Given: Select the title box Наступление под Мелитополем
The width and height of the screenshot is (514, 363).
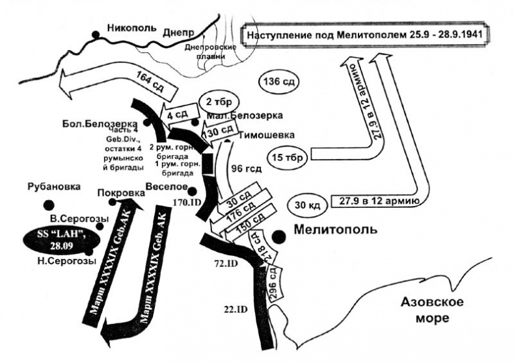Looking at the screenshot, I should pos(365,33).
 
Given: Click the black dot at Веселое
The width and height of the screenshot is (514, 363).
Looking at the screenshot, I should pos(192,190).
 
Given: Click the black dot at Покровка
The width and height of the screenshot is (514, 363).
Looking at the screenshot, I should pos(113,202).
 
